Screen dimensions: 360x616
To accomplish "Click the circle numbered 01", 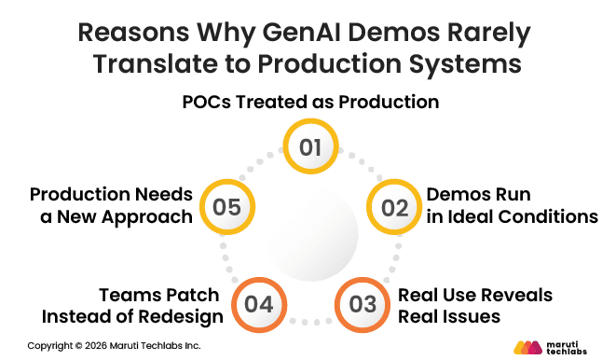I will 309,147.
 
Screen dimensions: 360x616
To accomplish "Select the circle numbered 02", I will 395,206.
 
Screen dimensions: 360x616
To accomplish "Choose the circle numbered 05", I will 226,206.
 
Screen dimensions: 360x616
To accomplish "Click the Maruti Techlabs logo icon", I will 527,347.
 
